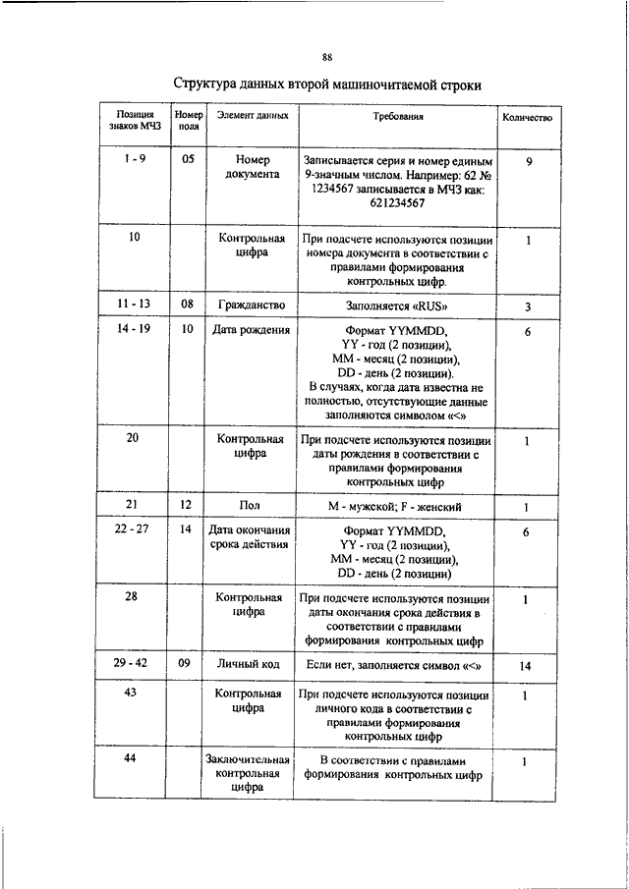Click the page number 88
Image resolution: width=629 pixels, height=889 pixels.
pyautogui.click(x=326, y=56)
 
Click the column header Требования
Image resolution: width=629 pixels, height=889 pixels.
pyautogui.click(x=397, y=117)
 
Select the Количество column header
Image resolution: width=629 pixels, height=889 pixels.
pyautogui.click(x=527, y=118)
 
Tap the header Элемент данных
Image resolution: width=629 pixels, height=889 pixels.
pyautogui.click(x=253, y=117)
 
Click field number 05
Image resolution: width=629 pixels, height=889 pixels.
pyautogui.click(x=188, y=159)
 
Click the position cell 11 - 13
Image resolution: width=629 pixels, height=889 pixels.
pyautogui.click(x=133, y=306)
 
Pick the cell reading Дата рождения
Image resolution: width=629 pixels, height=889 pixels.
pyautogui.click(x=251, y=331)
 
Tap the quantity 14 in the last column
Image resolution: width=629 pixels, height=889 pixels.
pyautogui.click(x=526, y=666)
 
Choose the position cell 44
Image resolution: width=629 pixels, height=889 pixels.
pyautogui.click(x=130, y=760)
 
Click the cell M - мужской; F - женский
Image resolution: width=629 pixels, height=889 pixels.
pyautogui.click(x=396, y=507)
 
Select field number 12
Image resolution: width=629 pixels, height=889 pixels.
pyautogui.click(x=187, y=506)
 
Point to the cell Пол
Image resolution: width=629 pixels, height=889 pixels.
pyautogui.click(x=250, y=506)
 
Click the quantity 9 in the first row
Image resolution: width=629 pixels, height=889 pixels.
pyautogui.click(x=528, y=160)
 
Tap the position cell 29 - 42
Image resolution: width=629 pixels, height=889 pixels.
pyautogui.click(x=131, y=665)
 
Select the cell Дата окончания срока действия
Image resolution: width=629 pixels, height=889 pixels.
pyautogui.click(x=251, y=538)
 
